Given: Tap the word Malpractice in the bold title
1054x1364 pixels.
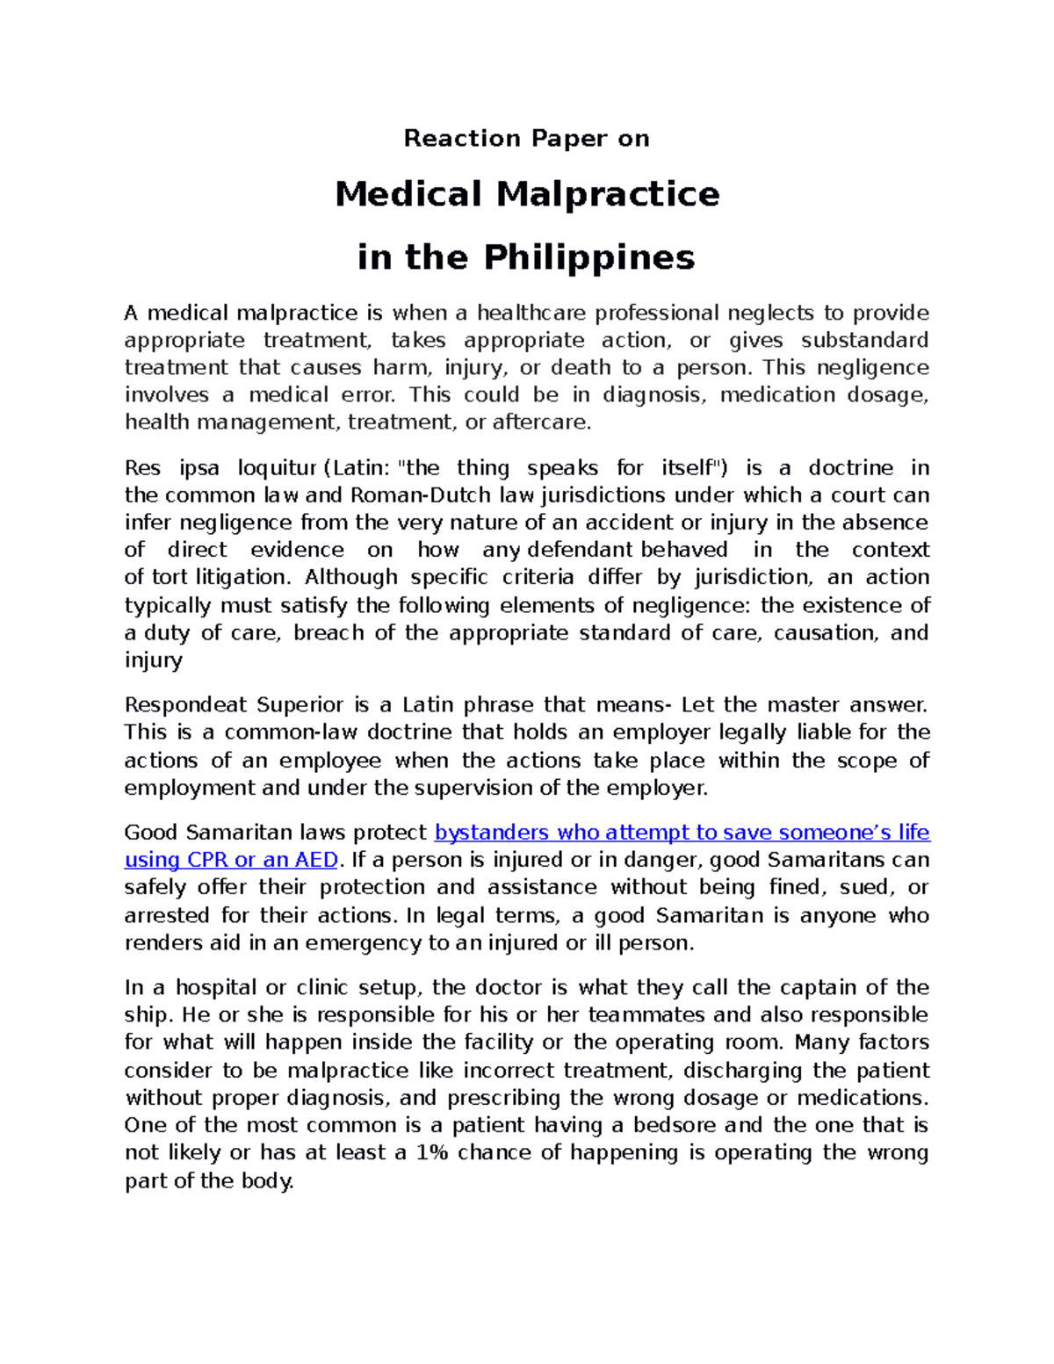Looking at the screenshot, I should coord(608,194).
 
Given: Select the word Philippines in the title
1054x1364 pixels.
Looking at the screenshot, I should coord(588,257).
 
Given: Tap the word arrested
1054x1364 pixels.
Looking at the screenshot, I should coord(166,915).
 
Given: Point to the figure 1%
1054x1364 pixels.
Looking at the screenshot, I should coord(432,1153).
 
